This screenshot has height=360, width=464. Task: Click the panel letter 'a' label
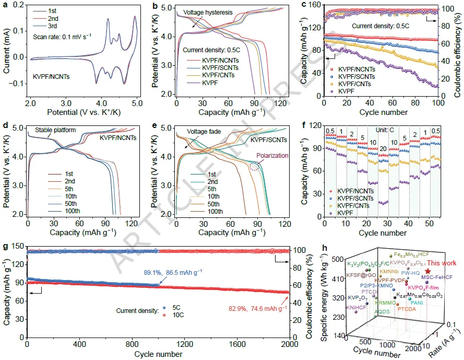pyautogui.click(x=5, y=5)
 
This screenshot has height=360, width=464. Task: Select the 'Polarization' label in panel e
pyautogui.click(x=269, y=154)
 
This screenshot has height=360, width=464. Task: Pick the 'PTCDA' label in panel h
pyautogui.click(x=407, y=309)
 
